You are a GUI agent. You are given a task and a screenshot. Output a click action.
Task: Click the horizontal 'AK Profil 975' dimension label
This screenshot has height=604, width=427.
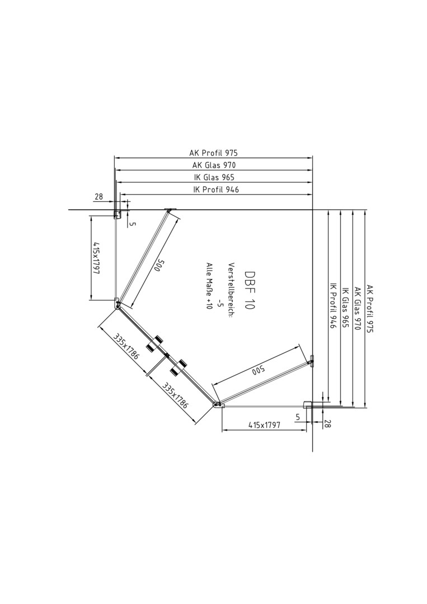[x=214, y=153]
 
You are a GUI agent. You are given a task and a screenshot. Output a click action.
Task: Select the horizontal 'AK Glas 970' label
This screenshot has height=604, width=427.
[x=214, y=165]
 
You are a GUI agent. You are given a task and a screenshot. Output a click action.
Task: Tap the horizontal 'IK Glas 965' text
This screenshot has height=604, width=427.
[x=214, y=178]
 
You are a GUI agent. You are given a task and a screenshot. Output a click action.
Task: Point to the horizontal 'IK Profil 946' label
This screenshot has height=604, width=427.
[x=216, y=190]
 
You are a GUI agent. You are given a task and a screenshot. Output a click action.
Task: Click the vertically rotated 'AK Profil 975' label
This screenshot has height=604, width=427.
[x=370, y=309]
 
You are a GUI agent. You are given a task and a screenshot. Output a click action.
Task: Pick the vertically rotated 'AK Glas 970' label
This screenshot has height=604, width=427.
[x=358, y=309]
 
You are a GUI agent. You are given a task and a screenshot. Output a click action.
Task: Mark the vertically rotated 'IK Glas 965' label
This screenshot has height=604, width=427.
[x=345, y=308]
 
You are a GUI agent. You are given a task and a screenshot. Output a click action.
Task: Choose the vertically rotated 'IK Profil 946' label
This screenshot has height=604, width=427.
[x=333, y=306]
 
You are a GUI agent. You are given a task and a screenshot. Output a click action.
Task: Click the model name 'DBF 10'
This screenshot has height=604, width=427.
[x=250, y=290]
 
